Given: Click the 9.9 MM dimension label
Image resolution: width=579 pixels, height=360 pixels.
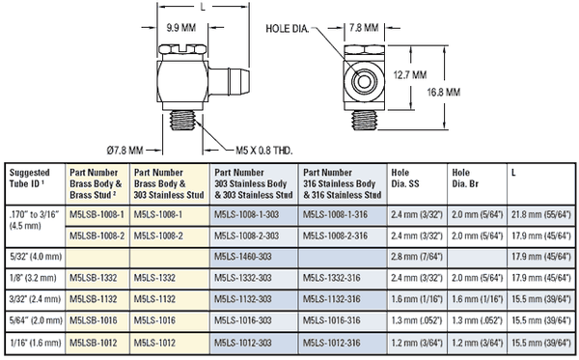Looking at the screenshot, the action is [181, 28].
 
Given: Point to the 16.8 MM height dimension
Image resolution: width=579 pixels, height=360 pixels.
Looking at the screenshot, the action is [444, 92].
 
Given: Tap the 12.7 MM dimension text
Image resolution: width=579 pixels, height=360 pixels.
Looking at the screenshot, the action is [409, 75].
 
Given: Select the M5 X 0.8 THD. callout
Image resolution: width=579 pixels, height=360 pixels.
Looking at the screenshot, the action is [264, 151].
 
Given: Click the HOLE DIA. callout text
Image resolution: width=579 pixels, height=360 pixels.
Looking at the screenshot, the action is [288, 29].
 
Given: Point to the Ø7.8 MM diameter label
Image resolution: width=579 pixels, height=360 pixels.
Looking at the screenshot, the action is [124, 151].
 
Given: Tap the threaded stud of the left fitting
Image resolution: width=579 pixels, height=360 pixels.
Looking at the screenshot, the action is [181, 121].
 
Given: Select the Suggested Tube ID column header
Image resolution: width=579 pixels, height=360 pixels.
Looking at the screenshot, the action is [30, 178].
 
